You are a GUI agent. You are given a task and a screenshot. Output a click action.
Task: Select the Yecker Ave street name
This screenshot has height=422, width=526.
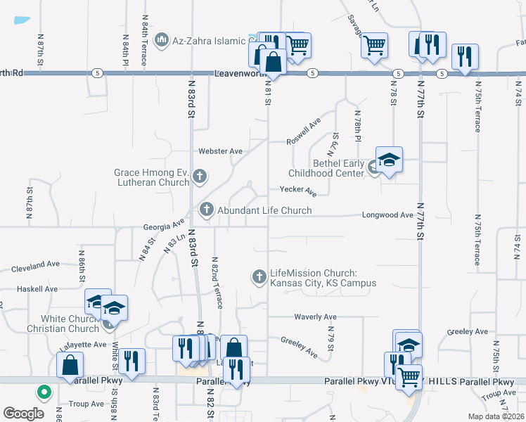click(298, 189)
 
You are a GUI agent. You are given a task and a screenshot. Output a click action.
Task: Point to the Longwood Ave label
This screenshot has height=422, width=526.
click(387, 215)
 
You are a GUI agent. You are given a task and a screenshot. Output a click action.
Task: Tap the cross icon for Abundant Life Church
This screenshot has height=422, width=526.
click(207, 210)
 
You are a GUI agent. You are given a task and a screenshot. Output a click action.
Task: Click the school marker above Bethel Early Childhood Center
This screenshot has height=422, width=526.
click(389, 161)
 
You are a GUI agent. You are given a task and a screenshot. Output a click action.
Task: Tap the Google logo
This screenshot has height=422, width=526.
click(23, 414)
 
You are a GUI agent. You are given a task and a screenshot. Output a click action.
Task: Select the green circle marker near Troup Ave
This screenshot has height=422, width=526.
click(44, 392)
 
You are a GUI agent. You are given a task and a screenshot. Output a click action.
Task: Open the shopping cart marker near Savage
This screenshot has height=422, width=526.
click(374, 46)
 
